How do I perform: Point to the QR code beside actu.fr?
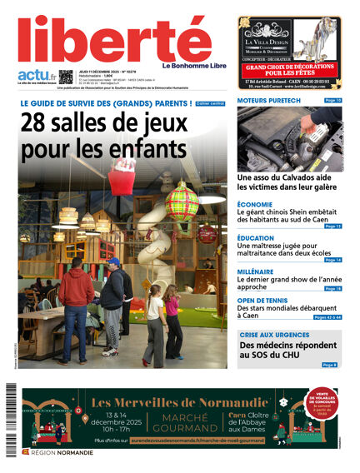[x=66, y=77]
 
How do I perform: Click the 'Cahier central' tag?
[x=210, y=103]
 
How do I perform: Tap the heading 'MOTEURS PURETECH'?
[x=267, y=101]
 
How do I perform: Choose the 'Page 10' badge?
[x=332, y=101]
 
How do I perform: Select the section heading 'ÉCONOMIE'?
[x=255, y=204]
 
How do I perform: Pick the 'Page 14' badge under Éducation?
[x=332, y=260]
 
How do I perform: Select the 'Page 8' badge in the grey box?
[x=330, y=365]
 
